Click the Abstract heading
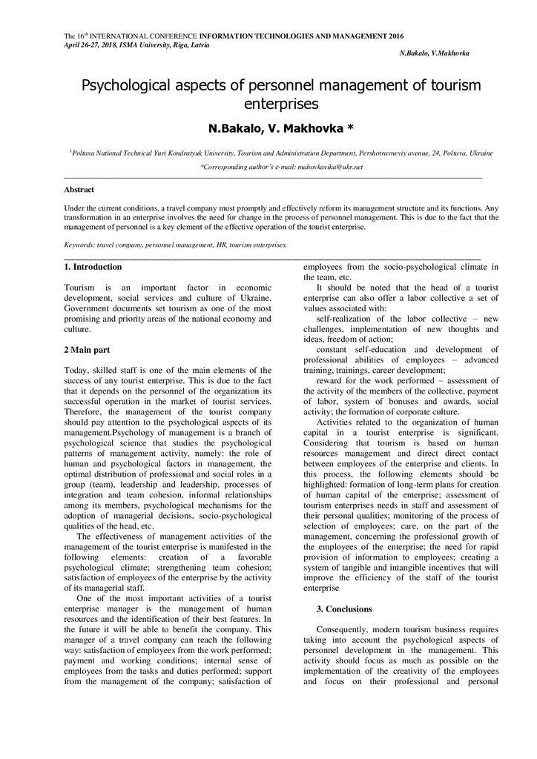pyautogui.click(x=79, y=190)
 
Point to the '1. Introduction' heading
pyautogui.click(x=93, y=266)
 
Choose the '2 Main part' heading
pyautogui.click(x=88, y=349)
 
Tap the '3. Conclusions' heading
pyautogui.click(x=344, y=609)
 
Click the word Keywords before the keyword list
pyautogui.click(x=79, y=243)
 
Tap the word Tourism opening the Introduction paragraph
pyautogui.click(x=79, y=287)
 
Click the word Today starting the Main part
pyautogui.click(x=77, y=370)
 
